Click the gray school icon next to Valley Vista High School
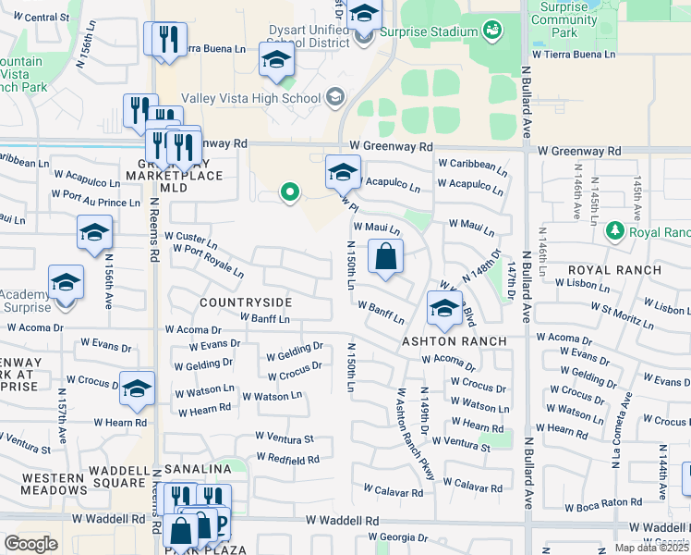(334, 97)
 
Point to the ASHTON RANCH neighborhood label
(454, 341)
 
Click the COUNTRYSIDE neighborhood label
(246, 302)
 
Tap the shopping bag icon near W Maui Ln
(385, 256)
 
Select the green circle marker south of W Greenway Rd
(290, 192)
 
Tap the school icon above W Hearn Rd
(137, 388)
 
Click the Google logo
(30, 544)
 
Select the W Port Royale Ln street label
(208, 261)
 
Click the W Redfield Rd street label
(288, 458)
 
